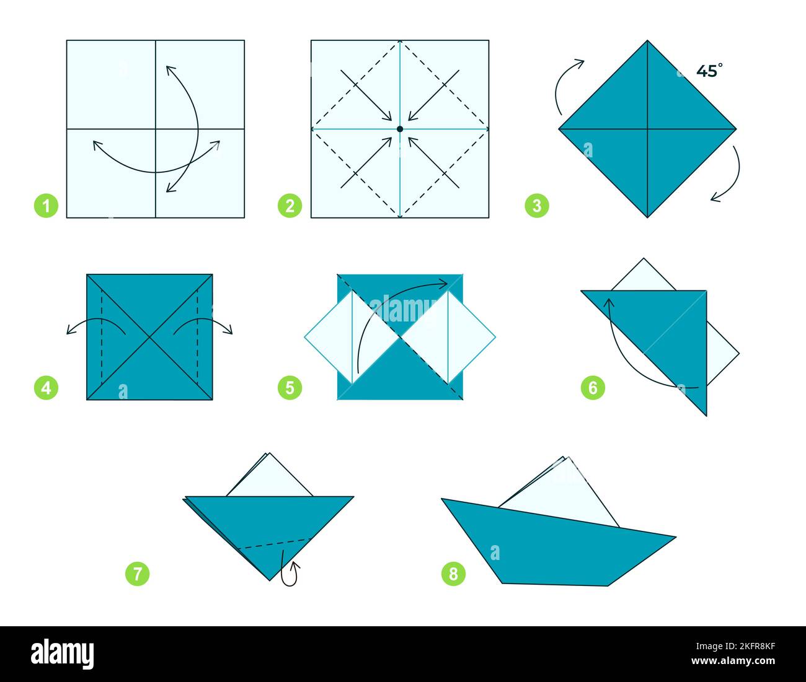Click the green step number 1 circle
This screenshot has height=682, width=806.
pyautogui.click(x=46, y=206)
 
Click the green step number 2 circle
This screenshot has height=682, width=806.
pyautogui.click(x=290, y=206)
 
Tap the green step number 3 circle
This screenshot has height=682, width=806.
pyautogui.click(x=537, y=206)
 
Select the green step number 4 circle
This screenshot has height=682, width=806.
pyautogui.click(x=46, y=388)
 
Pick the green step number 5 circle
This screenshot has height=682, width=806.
pyautogui.click(x=290, y=388)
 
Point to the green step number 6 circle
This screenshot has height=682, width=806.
pyautogui.click(x=593, y=388)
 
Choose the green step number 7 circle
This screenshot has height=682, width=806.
pyautogui.click(x=138, y=574)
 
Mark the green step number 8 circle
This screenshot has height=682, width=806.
pyautogui.click(x=453, y=574)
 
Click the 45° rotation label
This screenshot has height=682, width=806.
pyautogui.click(x=709, y=71)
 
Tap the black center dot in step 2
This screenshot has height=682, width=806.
pyautogui.click(x=400, y=129)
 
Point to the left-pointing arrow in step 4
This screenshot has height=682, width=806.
pyautogui.click(x=93, y=325)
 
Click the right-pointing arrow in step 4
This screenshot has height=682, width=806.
pyautogui.click(x=205, y=325)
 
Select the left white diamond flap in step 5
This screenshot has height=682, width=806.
pyautogui.click(x=329, y=338)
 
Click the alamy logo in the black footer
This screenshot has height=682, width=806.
pyautogui.click(x=63, y=654)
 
